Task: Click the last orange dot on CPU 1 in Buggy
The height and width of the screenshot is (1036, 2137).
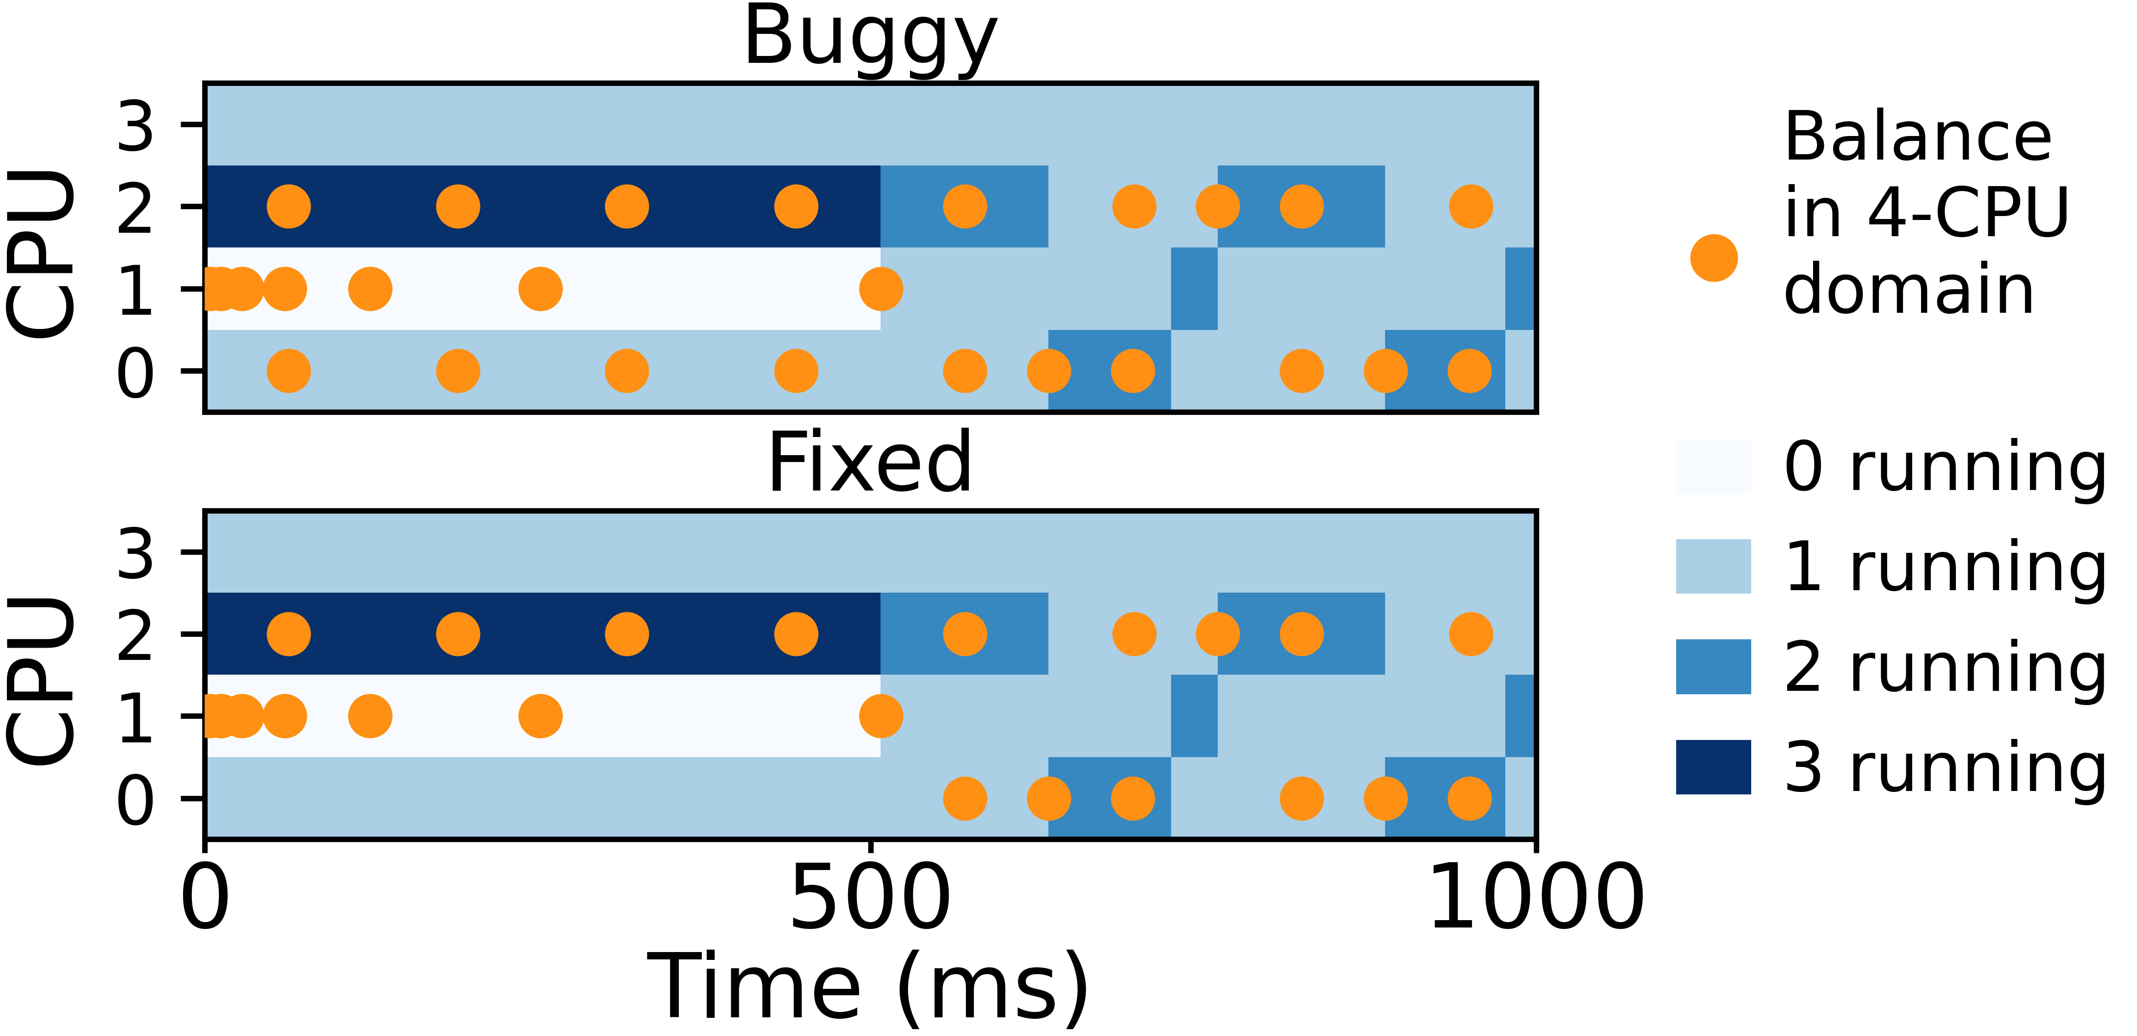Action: [881, 289]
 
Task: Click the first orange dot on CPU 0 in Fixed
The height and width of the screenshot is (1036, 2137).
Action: [965, 798]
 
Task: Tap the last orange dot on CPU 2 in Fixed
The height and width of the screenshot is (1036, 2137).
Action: [1471, 634]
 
